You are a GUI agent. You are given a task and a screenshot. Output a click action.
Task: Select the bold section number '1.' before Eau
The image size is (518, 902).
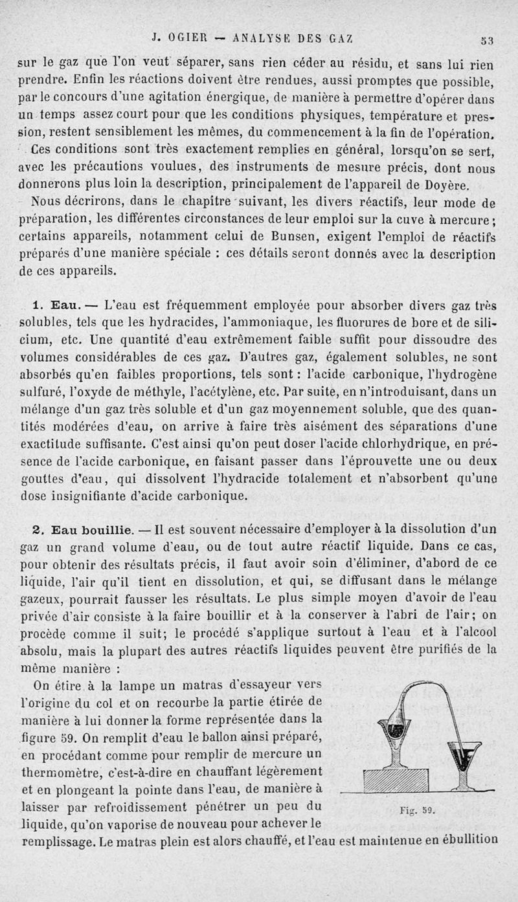click(x=38, y=302)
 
